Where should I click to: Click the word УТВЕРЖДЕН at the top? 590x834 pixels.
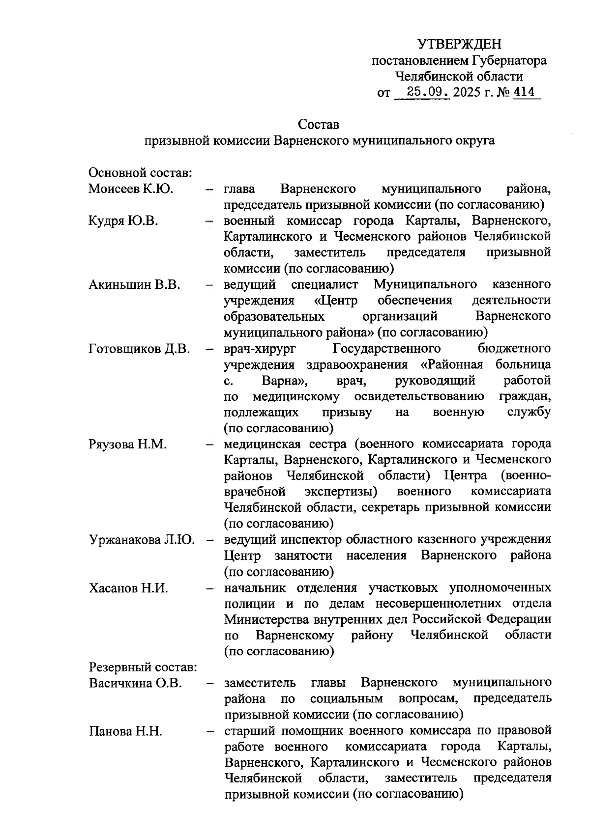pos(460,45)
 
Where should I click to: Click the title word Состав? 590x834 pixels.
pos(319,124)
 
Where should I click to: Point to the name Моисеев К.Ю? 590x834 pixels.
pos(131,189)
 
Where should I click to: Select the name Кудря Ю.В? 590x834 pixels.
pos(123,221)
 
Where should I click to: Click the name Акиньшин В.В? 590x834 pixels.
pos(134,284)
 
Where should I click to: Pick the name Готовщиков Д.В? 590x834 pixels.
pos(139,349)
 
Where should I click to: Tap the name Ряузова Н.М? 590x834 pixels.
pos(128,445)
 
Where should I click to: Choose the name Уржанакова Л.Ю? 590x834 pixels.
pos(142,540)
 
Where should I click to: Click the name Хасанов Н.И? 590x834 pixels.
pos(128,588)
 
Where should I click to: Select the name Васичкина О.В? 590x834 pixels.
pos(135,683)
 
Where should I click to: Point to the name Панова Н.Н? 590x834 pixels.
pos(125,731)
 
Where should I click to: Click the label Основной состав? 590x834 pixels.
pos(140,173)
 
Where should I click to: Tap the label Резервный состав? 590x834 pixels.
pos(143,667)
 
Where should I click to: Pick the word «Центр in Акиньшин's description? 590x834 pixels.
pos(336,301)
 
